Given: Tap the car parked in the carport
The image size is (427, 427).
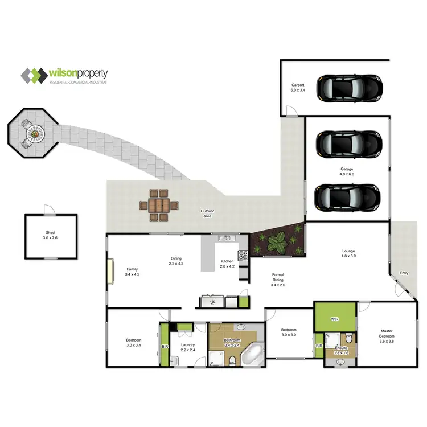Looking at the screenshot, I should [x=348, y=88].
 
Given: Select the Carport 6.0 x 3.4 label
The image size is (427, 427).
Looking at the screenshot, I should [x=298, y=87].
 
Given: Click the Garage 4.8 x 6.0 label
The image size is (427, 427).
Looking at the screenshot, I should [x=347, y=172].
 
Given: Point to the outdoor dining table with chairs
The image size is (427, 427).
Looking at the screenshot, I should [x=159, y=204].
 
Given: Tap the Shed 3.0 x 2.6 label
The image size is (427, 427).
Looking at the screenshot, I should [x=50, y=236].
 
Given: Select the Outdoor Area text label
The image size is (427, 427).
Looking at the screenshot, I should [x=207, y=213].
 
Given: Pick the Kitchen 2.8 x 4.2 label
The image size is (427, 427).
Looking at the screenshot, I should [x=227, y=264].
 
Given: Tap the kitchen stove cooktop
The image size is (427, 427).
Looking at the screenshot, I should [x=243, y=256].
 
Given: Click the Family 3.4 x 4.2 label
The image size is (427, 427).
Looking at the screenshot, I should [x=132, y=272].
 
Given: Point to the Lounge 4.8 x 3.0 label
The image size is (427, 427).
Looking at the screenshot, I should [x=348, y=253].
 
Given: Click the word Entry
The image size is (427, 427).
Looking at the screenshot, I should [x=404, y=273].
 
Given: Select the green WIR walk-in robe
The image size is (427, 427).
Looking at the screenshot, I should [x=335, y=319].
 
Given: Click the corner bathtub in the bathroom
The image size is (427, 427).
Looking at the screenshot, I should [x=252, y=356].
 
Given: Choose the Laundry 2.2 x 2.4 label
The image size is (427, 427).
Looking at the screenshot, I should [x=188, y=347].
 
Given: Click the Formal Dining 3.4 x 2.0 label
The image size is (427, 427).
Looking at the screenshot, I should [x=277, y=281].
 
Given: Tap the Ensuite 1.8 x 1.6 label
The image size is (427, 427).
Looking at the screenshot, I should [x=342, y=350].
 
